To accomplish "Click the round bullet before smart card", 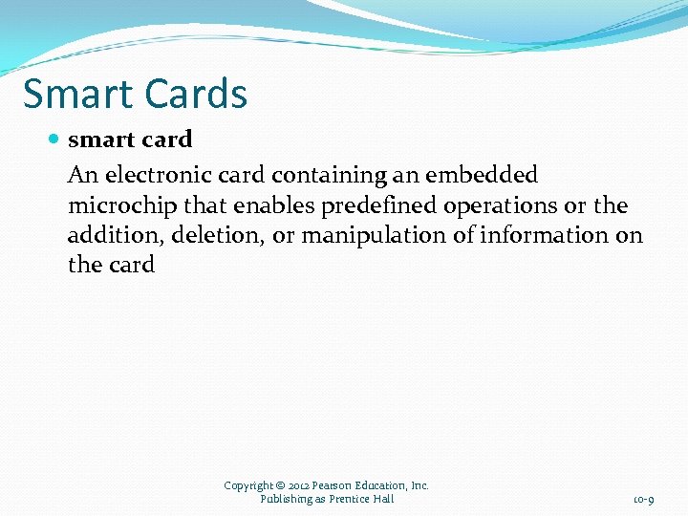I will [x=54, y=140].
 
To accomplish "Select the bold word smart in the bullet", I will [x=100, y=140].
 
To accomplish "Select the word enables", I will [x=275, y=205].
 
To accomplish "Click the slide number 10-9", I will [x=643, y=499].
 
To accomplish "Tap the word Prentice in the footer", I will [x=351, y=499].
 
